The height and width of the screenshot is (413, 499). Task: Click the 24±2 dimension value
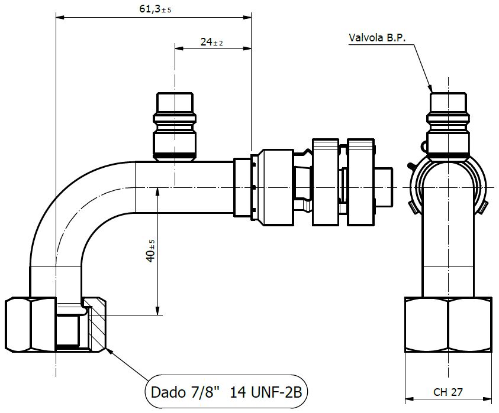pyautogui.click(x=211, y=41)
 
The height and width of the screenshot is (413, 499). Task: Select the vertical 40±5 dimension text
pyautogui.click(x=152, y=251)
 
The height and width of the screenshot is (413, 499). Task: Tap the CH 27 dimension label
pyautogui.click(x=448, y=391)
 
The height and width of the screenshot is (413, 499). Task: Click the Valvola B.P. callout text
pyautogui.click(x=378, y=37)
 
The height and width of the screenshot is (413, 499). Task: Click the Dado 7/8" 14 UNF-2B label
pyautogui.click(x=227, y=392)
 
